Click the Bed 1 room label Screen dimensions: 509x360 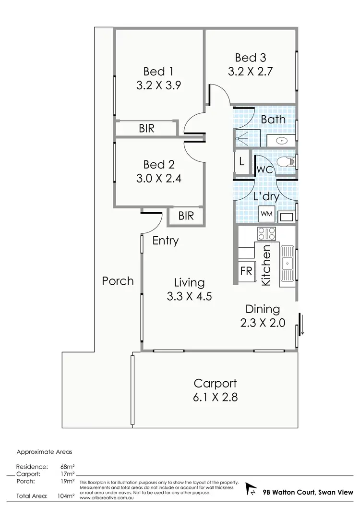[x=158, y=72]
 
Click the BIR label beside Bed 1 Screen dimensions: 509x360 [x=146, y=129]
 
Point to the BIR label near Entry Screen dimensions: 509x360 [x=186, y=216]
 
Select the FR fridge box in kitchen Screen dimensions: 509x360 [x=246, y=271]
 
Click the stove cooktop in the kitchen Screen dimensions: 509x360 [x=267, y=234]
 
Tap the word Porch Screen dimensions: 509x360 [x=118, y=281]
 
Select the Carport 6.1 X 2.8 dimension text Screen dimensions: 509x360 [x=215, y=398]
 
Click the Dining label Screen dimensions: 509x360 [x=263, y=309]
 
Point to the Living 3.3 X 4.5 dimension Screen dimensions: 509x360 [x=189, y=297]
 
